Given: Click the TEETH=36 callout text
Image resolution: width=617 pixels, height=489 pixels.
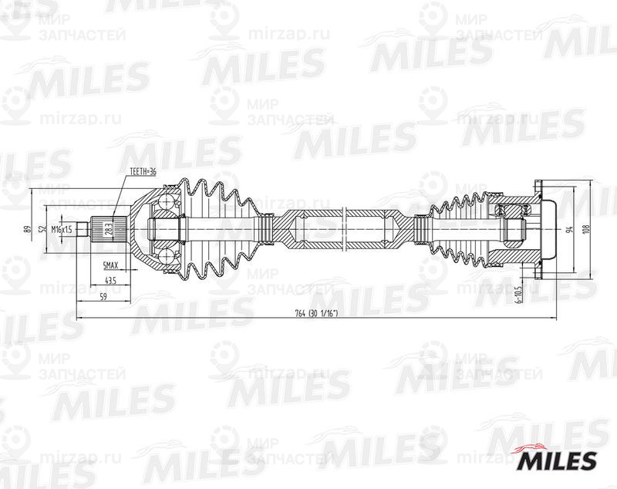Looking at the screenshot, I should click(143, 171).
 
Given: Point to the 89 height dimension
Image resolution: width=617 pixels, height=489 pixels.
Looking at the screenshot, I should click(28, 229).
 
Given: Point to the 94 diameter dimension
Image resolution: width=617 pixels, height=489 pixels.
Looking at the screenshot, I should click(568, 229).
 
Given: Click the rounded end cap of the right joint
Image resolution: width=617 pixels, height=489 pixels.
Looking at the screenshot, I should click(550, 229).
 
